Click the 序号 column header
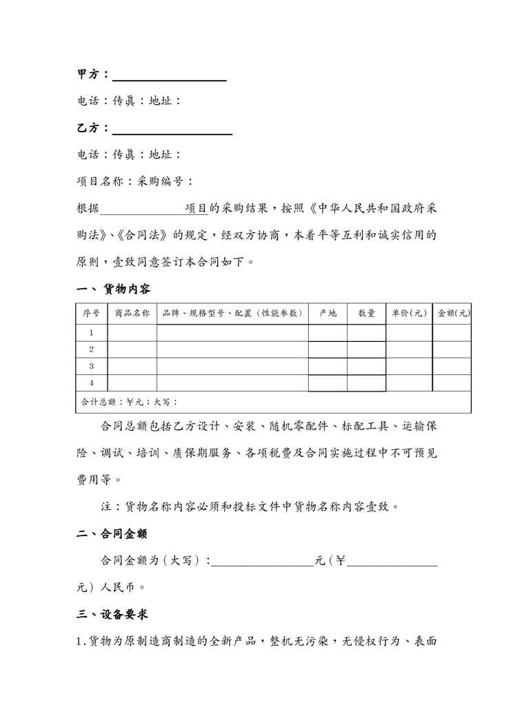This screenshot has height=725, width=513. click(x=91, y=313)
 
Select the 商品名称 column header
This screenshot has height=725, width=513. click(x=132, y=313)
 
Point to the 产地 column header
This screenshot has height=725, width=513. click(x=328, y=313)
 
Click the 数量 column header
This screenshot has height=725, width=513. click(x=366, y=313)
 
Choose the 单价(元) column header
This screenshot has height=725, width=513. click(x=409, y=313)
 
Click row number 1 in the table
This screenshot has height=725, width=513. click(x=91, y=333)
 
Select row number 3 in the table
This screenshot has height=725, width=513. click(x=91, y=366)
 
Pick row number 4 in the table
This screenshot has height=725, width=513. click(x=91, y=382)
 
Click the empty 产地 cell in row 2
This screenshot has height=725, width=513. click(x=328, y=349)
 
